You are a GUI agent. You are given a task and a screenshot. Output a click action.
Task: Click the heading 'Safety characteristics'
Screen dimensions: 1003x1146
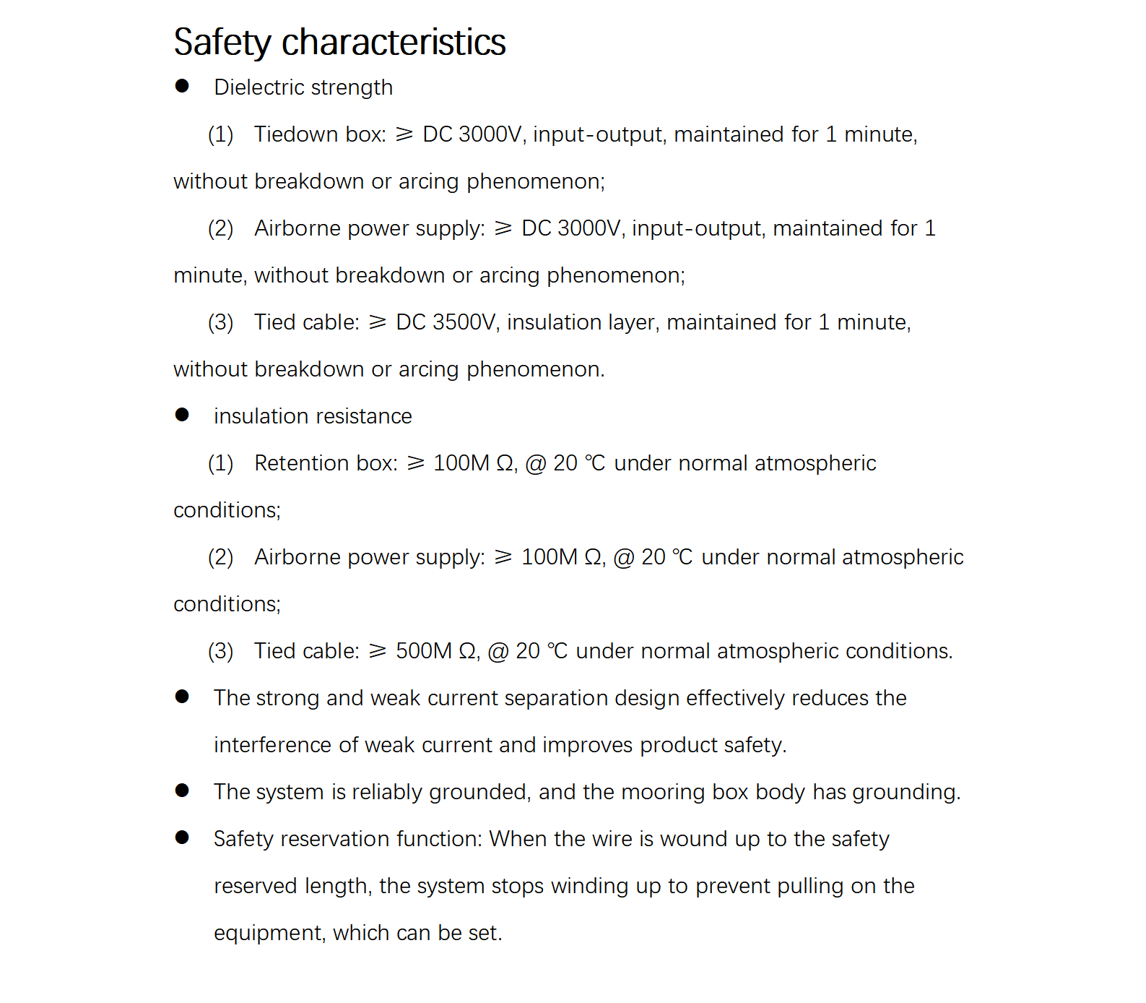coord(339,42)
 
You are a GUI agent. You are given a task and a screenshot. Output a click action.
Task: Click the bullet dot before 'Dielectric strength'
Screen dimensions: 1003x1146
coord(182,86)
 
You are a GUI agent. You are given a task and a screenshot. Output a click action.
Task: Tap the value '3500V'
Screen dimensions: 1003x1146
coord(465,322)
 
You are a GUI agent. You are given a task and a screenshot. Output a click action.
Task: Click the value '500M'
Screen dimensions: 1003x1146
coord(424,651)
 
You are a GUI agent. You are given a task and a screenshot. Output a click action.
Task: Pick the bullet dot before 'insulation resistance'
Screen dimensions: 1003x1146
coord(182,415)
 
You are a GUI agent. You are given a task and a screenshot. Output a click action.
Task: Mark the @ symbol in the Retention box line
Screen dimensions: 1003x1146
coord(536,463)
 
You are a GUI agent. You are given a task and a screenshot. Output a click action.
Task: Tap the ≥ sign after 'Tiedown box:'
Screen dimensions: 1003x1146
coord(404,134)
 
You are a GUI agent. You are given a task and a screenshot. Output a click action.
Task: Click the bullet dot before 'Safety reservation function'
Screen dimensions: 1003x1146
coord(182,838)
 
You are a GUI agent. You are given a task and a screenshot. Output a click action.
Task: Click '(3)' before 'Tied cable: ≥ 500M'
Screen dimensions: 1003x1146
coord(220,651)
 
